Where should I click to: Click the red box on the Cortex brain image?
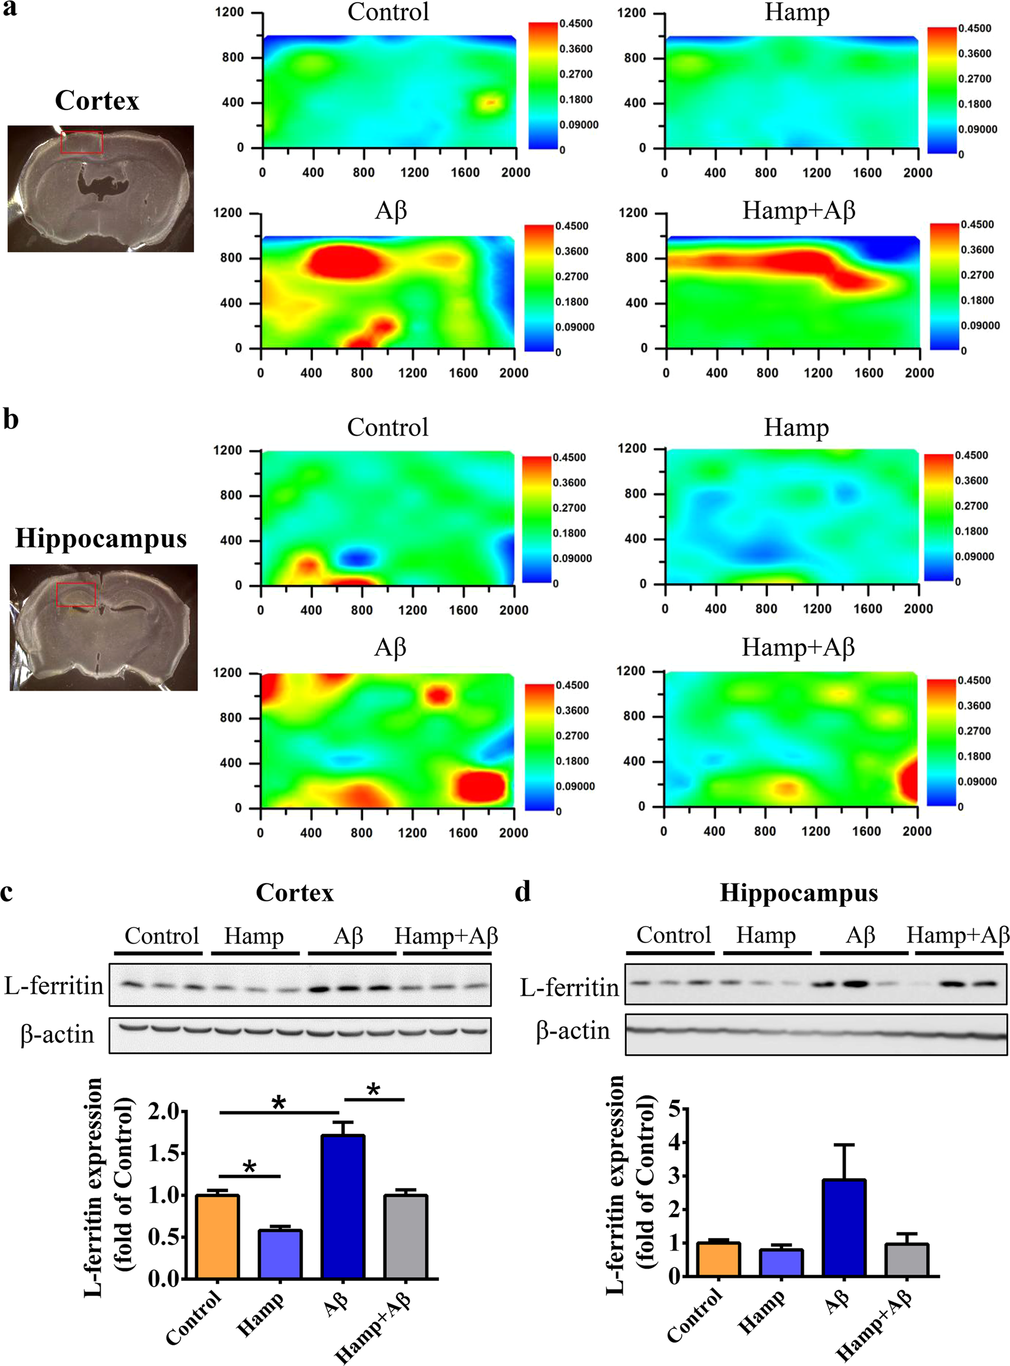[x=82, y=142]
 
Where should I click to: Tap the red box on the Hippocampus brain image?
[x=76, y=594]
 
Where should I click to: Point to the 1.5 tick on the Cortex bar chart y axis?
[x=165, y=1153]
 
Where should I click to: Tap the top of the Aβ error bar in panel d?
[x=844, y=1145]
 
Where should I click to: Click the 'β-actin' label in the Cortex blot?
[x=57, y=1034]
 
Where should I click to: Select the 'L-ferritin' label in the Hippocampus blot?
[x=569, y=988]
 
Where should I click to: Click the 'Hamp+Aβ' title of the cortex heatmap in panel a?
[x=798, y=211]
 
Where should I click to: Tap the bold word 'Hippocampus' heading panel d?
[x=798, y=892]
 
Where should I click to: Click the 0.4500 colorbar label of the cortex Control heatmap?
[x=576, y=24]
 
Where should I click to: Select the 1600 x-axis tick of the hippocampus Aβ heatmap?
[x=462, y=833]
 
